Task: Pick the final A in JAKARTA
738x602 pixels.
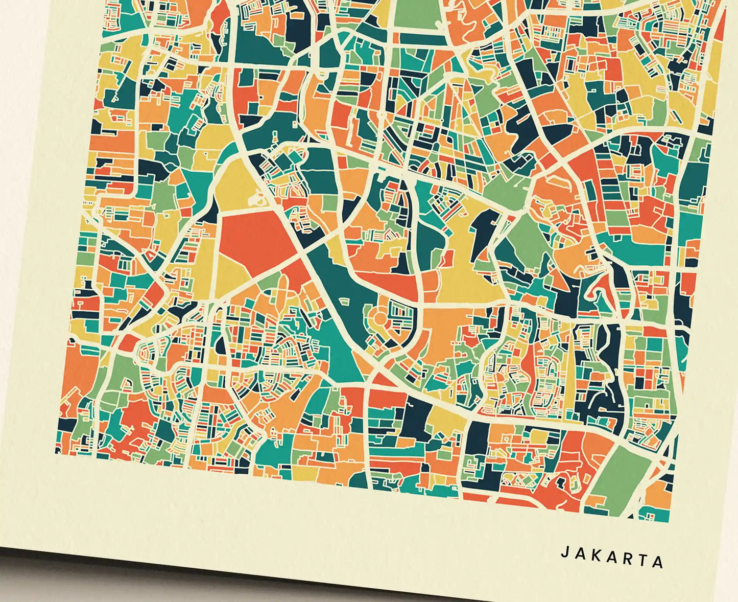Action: (x=658, y=562)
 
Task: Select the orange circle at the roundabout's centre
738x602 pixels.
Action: (x=378, y=319)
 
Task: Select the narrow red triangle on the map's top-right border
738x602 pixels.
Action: (x=721, y=26)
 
